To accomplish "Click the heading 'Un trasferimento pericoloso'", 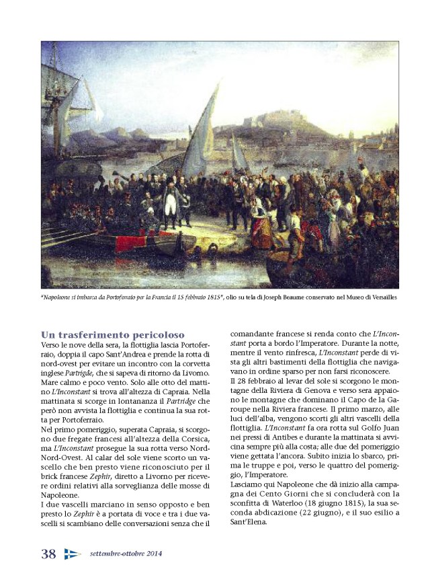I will coord(113,334).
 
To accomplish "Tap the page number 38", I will coord(48,554).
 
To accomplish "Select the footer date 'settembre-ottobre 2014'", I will coord(125,554).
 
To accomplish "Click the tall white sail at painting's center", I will coord(203,131).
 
